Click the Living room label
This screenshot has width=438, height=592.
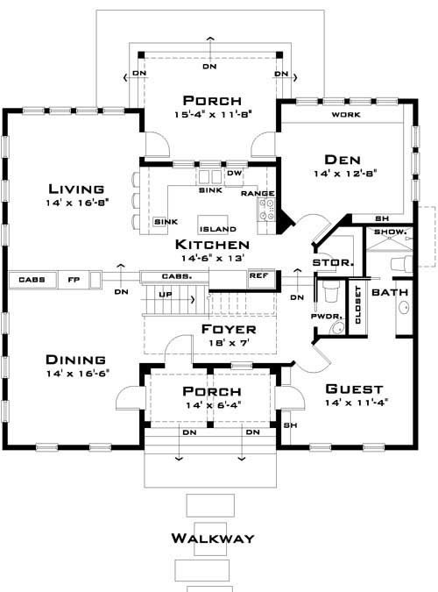click(x=77, y=189)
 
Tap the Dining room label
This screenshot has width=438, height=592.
click(x=77, y=360)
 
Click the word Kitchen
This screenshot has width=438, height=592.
click(x=212, y=245)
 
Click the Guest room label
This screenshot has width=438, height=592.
click(x=355, y=389)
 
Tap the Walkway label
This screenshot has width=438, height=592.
click(x=212, y=538)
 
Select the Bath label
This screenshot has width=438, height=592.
click(x=389, y=291)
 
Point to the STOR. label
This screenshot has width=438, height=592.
click(x=332, y=262)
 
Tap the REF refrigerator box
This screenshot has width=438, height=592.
click(x=258, y=275)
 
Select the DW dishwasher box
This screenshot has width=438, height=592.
click(x=233, y=174)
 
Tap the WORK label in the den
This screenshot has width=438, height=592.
click(x=343, y=116)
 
